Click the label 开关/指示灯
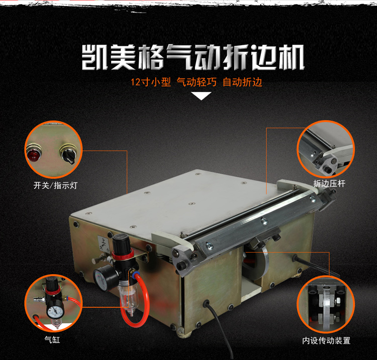(55, 185)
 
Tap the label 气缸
(52, 339)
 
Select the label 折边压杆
(329, 183)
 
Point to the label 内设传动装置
(326, 340)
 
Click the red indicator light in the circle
(34, 153)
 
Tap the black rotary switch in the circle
(68, 154)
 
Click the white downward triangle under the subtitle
(202, 96)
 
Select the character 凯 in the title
(95, 57)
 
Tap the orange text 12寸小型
(151, 82)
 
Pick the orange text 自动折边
(242, 82)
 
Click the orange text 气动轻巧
(197, 82)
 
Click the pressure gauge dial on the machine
(101, 279)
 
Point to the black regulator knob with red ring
(123, 246)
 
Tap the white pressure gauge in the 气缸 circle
(55, 312)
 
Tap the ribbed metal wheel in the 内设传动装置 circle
(326, 309)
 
